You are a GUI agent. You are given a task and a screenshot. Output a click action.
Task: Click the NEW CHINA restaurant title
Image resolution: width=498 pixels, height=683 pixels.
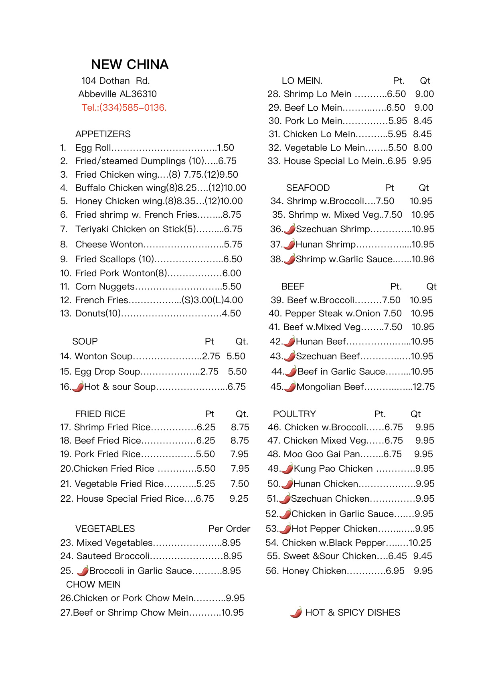(x=130, y=65)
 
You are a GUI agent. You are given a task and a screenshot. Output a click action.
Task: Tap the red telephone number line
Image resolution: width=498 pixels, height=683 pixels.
(x=124, y=107)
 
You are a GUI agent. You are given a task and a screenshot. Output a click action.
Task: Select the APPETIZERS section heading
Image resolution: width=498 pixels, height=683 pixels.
(x=103, y=134)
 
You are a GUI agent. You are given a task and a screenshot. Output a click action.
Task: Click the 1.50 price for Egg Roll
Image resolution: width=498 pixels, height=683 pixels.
(x=226, y=148)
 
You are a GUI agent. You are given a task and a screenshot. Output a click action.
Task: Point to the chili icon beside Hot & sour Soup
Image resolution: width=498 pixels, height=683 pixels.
(x=78, y=387)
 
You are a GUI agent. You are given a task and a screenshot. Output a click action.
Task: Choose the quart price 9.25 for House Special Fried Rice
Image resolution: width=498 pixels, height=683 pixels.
(x=239, y=499)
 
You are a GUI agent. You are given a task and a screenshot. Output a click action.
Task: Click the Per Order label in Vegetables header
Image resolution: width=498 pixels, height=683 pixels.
(x=229, y=529)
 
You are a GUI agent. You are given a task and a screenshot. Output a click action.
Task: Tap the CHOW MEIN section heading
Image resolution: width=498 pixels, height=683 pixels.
(x=93, y=584)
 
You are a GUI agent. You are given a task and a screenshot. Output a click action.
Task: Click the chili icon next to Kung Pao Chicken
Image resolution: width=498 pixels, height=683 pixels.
(x=287, y=468)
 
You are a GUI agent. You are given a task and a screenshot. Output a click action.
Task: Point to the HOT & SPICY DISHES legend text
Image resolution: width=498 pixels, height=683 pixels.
(x=352, y=612)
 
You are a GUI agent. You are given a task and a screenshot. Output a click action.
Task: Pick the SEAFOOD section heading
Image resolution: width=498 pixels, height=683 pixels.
(x=308, y=188)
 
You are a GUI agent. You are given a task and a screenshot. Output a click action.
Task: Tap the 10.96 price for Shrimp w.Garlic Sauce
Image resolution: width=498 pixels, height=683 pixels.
(x=423, y=259)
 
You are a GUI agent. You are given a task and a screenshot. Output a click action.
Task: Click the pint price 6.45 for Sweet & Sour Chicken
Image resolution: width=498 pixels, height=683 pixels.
(x=397, y=556)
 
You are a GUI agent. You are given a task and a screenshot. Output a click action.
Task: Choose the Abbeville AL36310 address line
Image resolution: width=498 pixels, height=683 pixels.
(x=117, y=94)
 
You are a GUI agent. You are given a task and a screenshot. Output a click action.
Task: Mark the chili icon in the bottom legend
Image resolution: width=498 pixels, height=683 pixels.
(x=296, y=612)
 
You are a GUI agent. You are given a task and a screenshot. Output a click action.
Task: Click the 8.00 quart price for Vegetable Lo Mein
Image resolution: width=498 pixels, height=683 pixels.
(x=423, y=148)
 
